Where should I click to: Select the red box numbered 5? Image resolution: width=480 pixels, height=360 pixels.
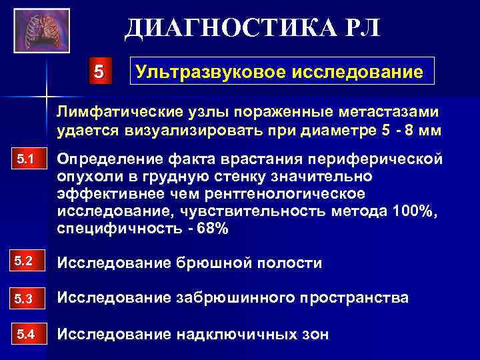[99, 71]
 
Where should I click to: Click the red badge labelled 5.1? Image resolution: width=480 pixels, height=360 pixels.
[27, 160]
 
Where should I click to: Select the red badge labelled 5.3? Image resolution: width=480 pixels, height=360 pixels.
[27, 297]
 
